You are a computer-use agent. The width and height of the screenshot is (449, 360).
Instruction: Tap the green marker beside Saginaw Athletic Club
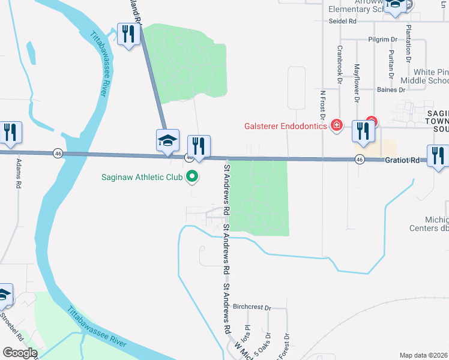[192, 176]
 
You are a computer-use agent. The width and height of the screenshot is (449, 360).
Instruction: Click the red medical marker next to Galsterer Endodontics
[337, 125]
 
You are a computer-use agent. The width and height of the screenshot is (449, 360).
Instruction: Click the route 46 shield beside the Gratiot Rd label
[359, 159]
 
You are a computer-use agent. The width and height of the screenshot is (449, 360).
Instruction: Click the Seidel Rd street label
[343, 21]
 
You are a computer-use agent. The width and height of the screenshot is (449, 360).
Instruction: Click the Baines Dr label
[376, 90]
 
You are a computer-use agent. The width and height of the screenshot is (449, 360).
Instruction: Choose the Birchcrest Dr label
[252, 307]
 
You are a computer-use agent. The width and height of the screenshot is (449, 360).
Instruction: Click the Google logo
[20, 352]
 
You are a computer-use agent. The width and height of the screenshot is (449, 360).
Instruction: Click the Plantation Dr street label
[409, 44]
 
